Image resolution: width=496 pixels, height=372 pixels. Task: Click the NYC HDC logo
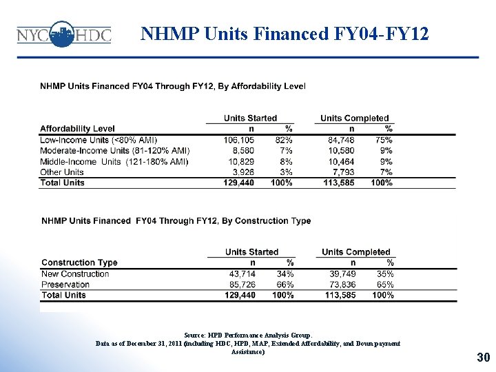[x=63, y=34]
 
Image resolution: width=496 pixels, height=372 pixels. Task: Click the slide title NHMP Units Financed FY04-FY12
[x=285, y=33]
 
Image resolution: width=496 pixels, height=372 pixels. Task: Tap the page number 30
[x=483, y=357]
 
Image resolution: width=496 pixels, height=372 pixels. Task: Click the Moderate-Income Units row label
[x=114, y=150]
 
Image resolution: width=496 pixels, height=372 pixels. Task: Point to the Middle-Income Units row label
[x=114, y=161]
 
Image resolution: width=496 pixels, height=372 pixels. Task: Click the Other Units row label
[x=62, y=172]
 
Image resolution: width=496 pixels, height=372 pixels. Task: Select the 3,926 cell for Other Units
[x=242, y=172]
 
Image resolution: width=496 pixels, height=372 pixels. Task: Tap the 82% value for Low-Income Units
[x=284, y=140]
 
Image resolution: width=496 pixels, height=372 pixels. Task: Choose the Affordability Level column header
[x=77, y=129]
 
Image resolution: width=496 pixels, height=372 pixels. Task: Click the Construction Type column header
[x=79, y=262]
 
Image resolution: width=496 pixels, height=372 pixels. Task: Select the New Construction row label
[x=75, y=273]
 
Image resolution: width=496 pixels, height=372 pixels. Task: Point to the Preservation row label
[x=66, y=285]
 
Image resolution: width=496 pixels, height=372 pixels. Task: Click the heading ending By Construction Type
[x=176, y=220]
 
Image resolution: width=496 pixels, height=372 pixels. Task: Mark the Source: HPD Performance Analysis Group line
[x=247, y=334]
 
